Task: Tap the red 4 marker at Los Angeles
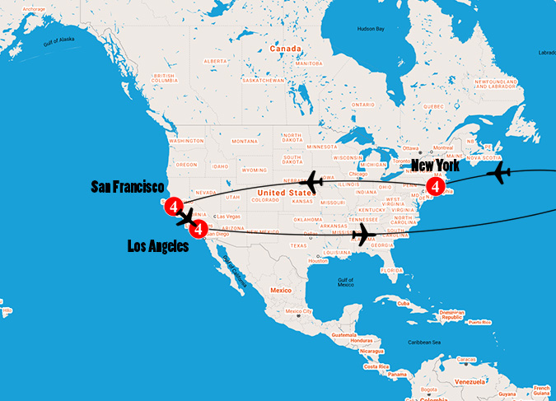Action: pos(199,228)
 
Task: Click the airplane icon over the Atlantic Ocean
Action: pos(499,174)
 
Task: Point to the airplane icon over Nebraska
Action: pos(312,181)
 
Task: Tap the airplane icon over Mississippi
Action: pos(360,236)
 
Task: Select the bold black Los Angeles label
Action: pos(158,246)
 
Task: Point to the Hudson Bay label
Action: pos(370,30)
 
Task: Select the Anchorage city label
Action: pos(34,9)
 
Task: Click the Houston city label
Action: pos(318,261)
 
